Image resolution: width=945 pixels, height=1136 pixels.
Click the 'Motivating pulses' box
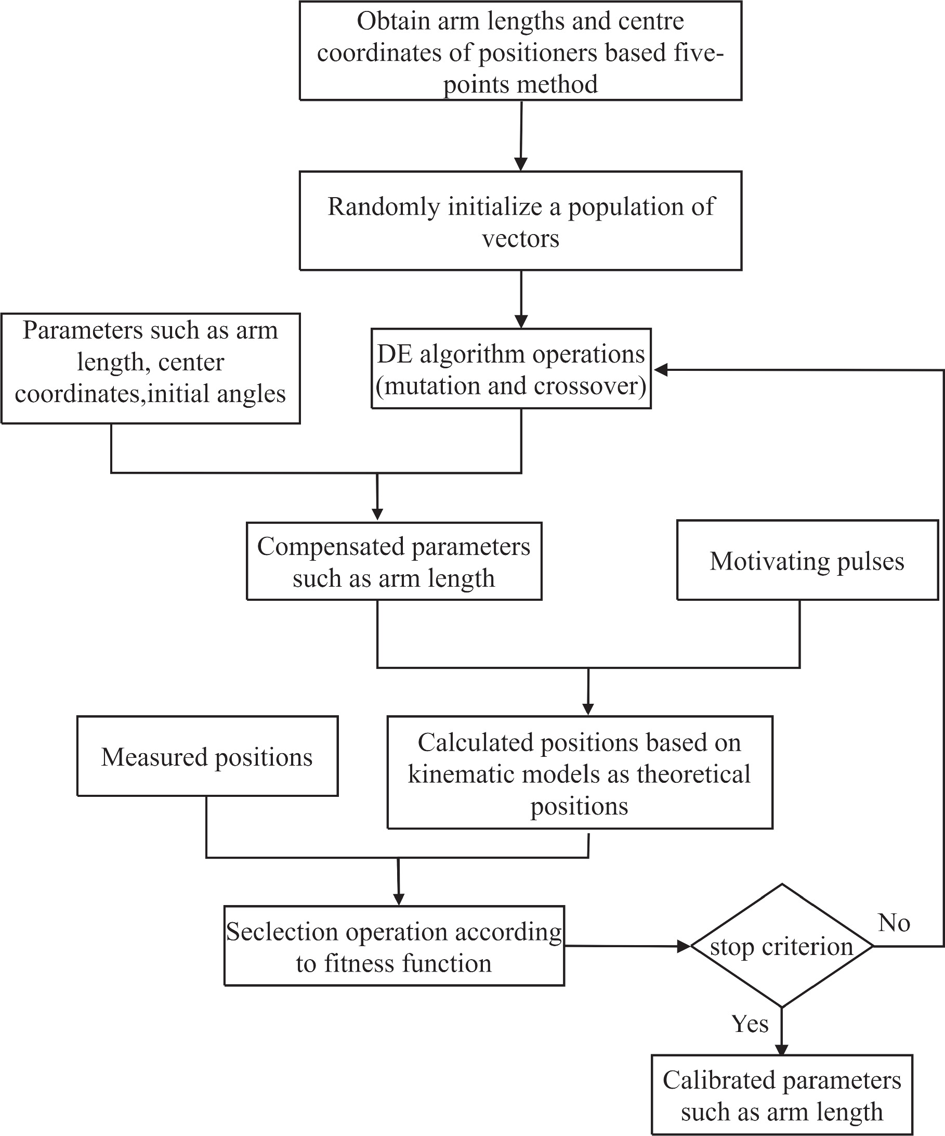point(807,560)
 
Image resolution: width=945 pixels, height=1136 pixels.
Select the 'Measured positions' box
point(207,756)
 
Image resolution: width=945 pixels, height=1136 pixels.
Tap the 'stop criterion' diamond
point(781,947)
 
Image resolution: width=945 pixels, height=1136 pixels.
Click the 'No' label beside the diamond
point(894,922)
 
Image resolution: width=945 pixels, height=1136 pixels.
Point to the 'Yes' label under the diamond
point(750,1024)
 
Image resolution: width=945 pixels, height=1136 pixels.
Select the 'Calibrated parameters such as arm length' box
point(781,1095)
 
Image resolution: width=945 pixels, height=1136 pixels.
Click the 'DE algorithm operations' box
point(510,369)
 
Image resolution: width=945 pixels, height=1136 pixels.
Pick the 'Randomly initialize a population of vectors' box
point(520,221)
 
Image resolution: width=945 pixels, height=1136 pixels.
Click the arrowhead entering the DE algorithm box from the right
point(661,370)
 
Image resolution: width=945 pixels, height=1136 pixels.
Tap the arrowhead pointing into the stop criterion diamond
point(685,947)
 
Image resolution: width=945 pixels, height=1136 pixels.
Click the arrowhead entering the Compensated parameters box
point(377,514)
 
